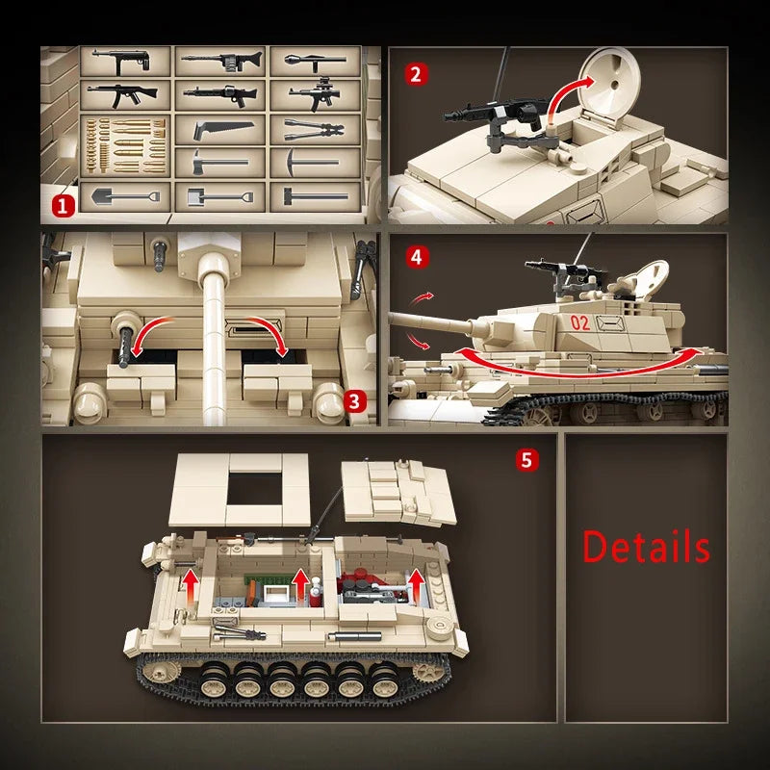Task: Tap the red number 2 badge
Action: [x=415, y=74]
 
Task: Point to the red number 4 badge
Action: [x=415, y=257]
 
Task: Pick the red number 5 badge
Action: [x=526, y=459]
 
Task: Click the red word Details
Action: [x=646, y=547]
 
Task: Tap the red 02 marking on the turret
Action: [x=579, y=322]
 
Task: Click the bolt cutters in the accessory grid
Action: [x=315, y=129]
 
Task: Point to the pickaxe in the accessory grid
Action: [x=315, y=163]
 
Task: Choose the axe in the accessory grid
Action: [x=220, y=163]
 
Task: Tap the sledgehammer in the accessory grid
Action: [x=315, y=196]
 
